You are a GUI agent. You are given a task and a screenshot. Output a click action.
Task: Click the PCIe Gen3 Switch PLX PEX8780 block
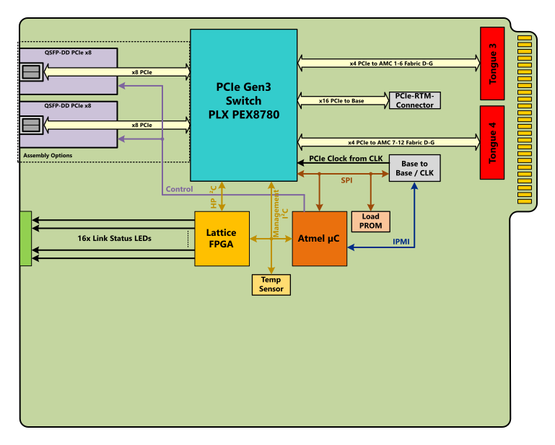point(243,105)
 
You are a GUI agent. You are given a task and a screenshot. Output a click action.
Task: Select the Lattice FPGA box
point(222,239)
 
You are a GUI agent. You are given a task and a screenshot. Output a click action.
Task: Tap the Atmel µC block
point(319,239)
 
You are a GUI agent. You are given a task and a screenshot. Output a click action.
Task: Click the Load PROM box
point(370,221)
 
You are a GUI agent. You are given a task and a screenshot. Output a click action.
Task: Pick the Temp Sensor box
point(271,284)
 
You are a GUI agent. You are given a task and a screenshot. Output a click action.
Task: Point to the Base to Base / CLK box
point(414,168)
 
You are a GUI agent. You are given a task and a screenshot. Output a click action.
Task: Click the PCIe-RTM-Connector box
point(414,101)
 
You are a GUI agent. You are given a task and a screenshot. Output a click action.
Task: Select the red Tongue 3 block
point(491,63)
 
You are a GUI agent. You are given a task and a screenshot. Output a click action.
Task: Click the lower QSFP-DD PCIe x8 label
point(68,106)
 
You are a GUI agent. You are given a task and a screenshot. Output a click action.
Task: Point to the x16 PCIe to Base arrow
point(342,101)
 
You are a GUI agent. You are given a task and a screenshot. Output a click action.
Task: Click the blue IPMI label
point(401,242)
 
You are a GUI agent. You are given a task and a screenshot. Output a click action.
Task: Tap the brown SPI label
point(346,180)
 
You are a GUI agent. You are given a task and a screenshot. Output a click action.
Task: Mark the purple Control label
point(179,190)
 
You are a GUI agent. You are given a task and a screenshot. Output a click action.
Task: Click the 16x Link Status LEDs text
point(115,238)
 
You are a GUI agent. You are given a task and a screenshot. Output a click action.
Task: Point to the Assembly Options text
point(48,156)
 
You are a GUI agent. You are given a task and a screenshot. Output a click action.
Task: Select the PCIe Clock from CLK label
point(346,159)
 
